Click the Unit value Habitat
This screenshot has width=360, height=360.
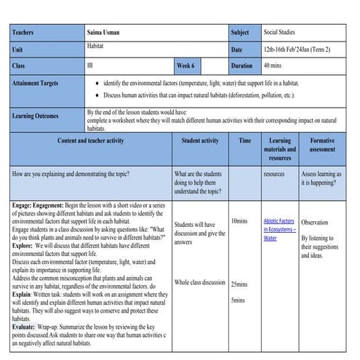(x=96, y=46)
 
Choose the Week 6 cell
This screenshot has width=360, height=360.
(x=185, y=65)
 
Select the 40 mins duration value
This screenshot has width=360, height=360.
(x=274, y=65)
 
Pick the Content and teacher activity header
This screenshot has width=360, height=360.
(x=90, y=140)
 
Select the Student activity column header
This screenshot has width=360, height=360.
(x=200, y=140)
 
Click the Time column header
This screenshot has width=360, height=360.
(x=244, y=140)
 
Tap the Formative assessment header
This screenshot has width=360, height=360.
(x=322, y=145)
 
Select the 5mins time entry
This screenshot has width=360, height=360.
(x=237, y=300)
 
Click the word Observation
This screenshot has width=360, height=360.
(x=314, y=223)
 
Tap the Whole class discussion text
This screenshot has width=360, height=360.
(x=199, y=282)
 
